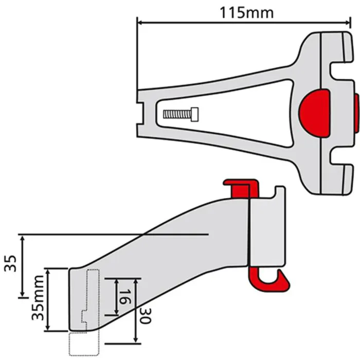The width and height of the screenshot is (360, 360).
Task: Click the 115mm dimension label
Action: coord(247,13)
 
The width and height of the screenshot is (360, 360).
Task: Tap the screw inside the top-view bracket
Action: coord(181,114)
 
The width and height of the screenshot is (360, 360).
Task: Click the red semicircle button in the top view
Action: coord(314,113)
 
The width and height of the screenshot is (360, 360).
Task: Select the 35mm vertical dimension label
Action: coord(38,298)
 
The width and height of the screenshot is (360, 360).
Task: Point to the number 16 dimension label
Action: coord(124,297)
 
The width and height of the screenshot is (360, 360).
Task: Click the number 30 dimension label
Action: coord(146,316)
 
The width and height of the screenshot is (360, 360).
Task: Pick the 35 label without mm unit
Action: coord(10,263)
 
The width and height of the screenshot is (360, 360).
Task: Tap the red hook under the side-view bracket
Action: coord(269,279)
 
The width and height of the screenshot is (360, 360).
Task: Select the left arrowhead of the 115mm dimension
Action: coord(140,23)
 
